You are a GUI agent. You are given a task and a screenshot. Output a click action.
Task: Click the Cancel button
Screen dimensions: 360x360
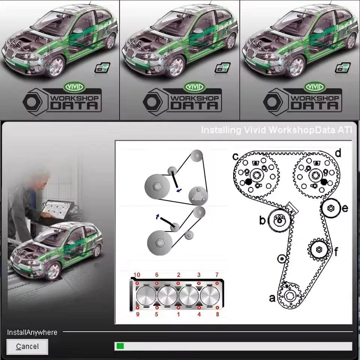pyautogui.click(x=27, y=346)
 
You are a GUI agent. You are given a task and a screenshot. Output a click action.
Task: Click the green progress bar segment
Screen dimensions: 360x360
pyautogui.click(x=120, y=346)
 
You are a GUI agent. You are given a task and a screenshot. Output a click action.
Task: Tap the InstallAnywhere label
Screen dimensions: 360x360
pyautogui.click(x=32, y=333)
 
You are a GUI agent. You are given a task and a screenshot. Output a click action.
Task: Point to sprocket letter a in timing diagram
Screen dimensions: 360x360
pyautogui.click(x=273, y=298)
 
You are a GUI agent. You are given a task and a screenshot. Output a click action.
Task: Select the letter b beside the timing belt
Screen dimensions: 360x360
pyautogui.click(x=262, y=220)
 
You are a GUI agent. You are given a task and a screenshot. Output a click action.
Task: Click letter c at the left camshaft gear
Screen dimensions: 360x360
pyautogui.click(x=236, y=156)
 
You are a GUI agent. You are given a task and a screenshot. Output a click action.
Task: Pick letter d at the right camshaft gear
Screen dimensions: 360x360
pyautogui.click(x=338, y=153)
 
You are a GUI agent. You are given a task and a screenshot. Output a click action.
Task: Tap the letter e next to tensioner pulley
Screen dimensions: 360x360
pyautogui.click(x=345, y=208)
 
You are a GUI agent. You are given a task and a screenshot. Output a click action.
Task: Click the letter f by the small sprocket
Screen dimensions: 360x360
pyautogui.click(x=336, y=252)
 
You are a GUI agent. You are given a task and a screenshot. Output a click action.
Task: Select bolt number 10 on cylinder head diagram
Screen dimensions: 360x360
pyautogui.click(x=137, y=275)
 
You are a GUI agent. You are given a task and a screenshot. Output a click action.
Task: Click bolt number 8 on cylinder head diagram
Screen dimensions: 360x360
pyautogui.click(x=217, y=314)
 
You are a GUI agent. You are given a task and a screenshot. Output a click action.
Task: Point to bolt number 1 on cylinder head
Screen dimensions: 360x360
pyautogui.click(x=178, y=314)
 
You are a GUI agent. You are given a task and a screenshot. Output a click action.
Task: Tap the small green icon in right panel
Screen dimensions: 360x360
pyautogui.click(x=342, y=68)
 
